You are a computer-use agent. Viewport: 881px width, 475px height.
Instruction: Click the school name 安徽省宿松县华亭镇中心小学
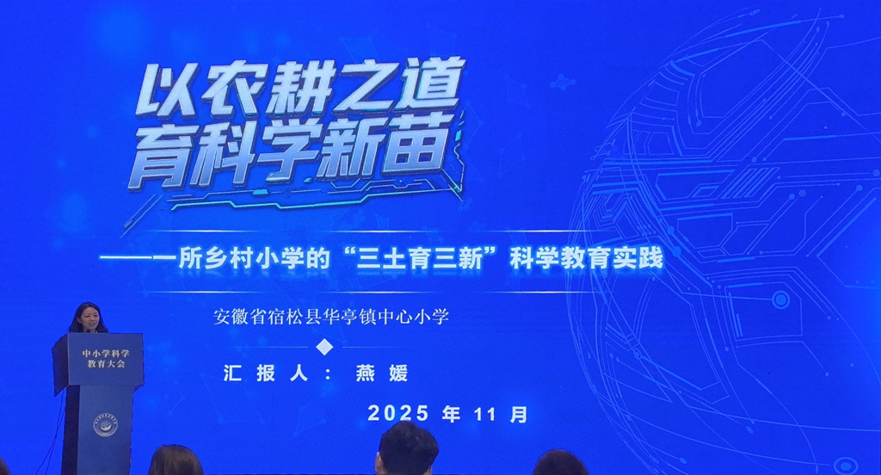point(331,317)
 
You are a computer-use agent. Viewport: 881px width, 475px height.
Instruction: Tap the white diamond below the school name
point(324,346)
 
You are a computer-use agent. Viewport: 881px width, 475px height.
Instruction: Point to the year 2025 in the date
point(397,413)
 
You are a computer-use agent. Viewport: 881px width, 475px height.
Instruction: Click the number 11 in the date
point(484,414)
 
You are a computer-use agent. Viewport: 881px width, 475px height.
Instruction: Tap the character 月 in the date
point(518,414)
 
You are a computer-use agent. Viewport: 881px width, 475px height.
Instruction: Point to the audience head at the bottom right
point(559,464)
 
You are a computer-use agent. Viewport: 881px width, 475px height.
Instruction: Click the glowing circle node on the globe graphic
point(780,299)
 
